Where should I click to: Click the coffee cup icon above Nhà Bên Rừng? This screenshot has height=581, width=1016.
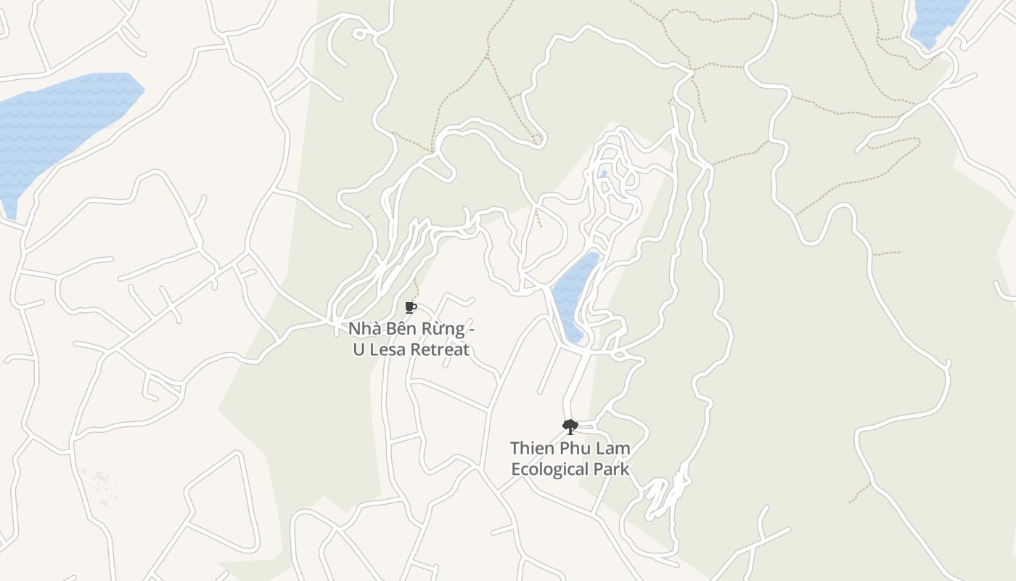[411, 308]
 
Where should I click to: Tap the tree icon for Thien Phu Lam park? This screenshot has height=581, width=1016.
[570, 426]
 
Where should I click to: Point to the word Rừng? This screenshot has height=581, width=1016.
[438, 328]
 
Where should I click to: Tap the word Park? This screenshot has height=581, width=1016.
[614, 469]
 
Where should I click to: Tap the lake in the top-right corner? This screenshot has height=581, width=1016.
[936, 18]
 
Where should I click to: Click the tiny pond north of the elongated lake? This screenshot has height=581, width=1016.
[603, 174]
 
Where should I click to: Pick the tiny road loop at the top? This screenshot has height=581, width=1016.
[359, 33]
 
